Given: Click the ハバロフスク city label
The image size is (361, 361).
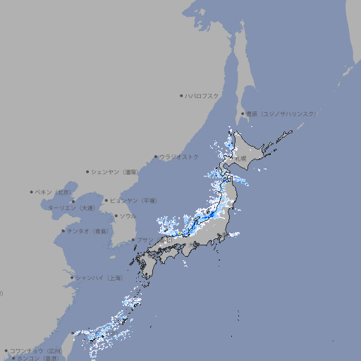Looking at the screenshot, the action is pos(202,95).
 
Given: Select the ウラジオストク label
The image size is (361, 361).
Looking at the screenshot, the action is pos(179,157).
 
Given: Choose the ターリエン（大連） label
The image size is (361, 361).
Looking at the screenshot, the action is pos(71,208).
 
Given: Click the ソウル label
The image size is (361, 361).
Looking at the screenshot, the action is pos(128,216).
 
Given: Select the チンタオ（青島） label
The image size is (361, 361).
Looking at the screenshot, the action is pos(87,231).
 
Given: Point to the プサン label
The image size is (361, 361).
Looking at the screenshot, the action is pos(144,240).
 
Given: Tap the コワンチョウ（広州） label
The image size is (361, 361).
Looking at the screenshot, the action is pos(35,350).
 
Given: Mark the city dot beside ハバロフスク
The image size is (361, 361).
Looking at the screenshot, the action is pos(181,95).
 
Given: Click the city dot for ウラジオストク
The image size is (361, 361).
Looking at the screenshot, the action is pos(156,157).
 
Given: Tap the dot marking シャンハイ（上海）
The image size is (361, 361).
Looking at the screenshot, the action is pos(72,278).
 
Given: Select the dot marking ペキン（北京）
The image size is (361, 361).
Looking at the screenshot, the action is pos(32,192).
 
